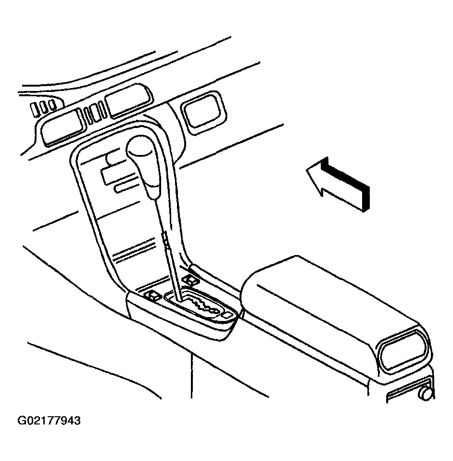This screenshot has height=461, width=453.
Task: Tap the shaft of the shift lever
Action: pos(168,250)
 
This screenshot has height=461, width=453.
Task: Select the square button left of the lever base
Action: pos(153,295)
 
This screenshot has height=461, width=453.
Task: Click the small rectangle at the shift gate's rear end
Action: pos(227,316)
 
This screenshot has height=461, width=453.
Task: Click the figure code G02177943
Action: pos(49,421)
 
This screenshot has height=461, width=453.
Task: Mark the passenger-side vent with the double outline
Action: pos(203,112)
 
